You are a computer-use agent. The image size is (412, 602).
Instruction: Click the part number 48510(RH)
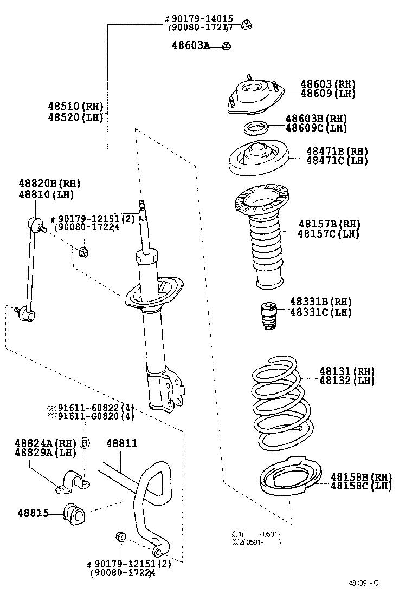coord(75,106)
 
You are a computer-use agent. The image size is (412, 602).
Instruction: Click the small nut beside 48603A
coord(227,46)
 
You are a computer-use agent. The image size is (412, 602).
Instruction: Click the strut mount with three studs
coord(254,97)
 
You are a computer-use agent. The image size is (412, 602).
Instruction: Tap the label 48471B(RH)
coord(337,151)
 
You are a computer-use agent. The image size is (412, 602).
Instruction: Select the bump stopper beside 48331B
coord(267,318)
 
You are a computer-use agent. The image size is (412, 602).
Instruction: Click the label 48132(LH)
coord(347,381)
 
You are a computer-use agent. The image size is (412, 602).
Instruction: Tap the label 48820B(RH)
coord(49,184)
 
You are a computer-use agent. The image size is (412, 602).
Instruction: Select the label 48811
coord(121,443)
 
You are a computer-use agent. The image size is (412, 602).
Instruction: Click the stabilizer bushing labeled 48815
coord(73,513)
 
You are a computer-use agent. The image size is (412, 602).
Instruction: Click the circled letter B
coord(85,443)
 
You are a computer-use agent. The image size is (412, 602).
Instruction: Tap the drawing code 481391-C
coord(363,583)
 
